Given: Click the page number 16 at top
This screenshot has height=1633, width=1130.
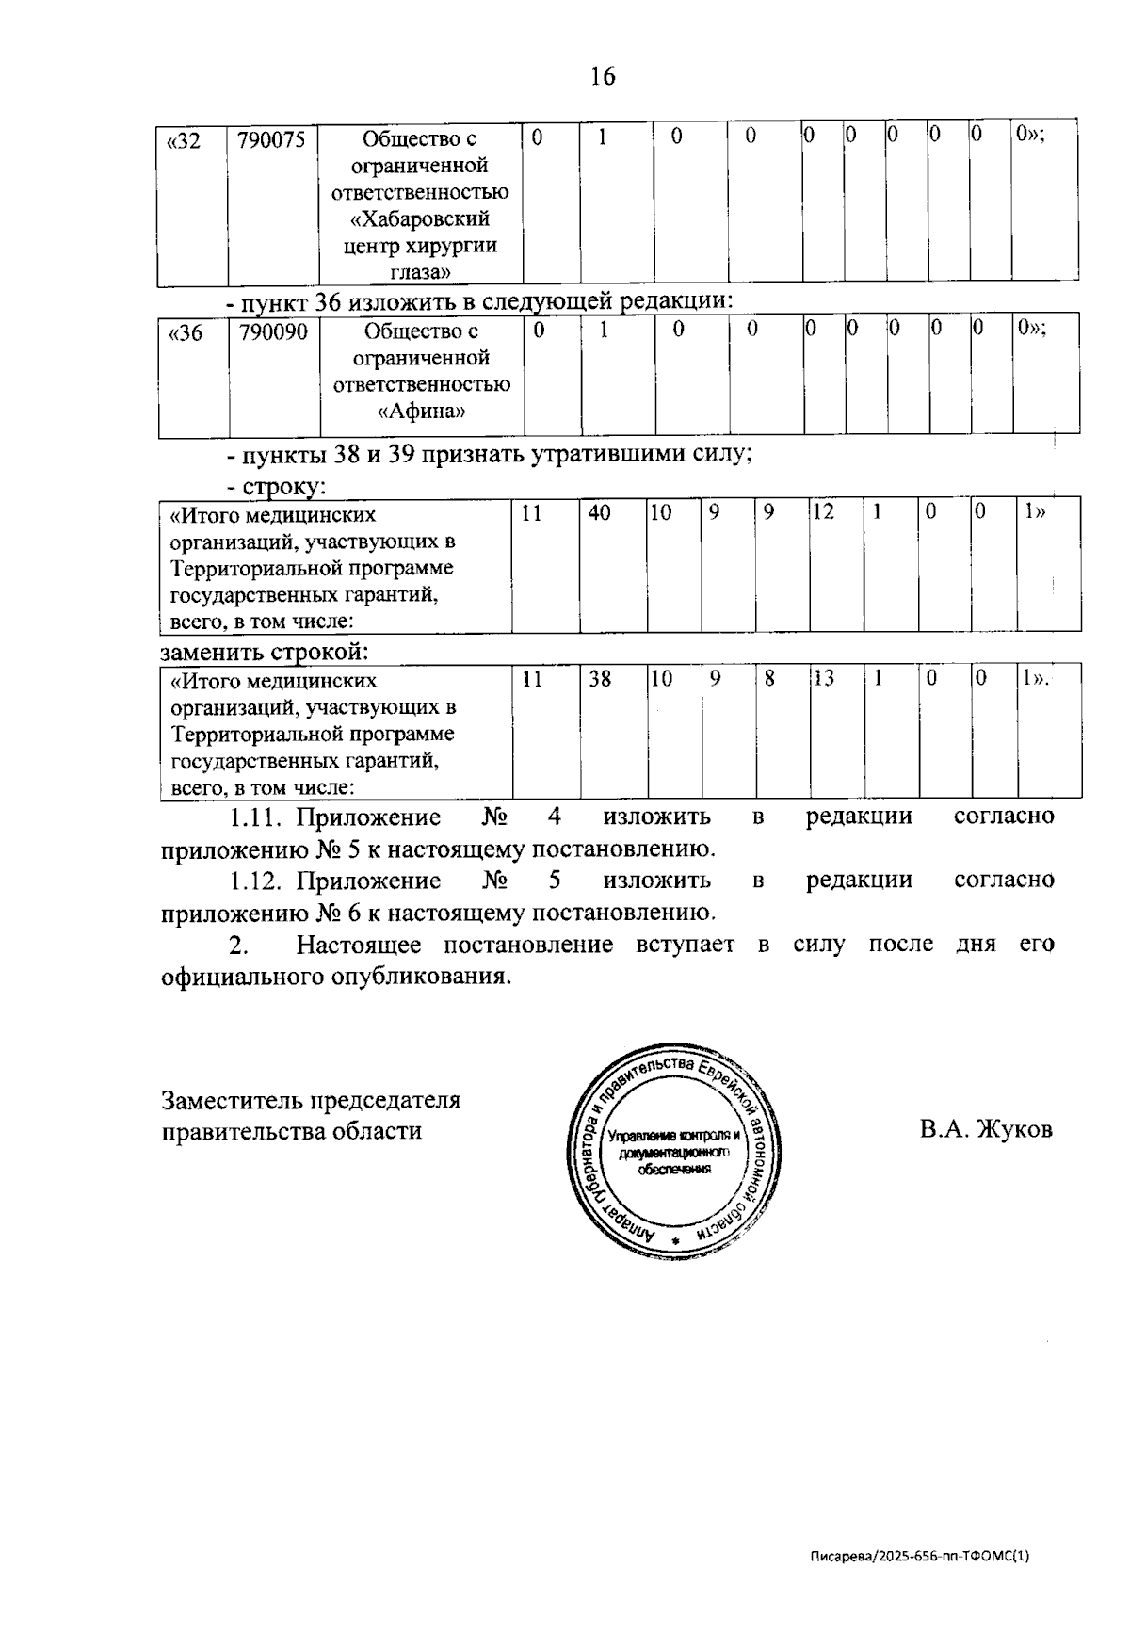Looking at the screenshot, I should (x=603, y=76).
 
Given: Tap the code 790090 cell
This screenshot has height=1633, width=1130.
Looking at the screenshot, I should (x=273, y=332).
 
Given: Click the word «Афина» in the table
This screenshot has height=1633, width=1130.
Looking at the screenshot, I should (x=421, y=412).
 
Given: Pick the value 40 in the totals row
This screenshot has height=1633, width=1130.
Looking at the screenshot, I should (x=599, y=513).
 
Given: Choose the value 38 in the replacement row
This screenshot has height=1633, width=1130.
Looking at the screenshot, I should (x=600, y=678).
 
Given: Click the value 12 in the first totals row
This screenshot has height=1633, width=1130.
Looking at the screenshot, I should (x=823, y=513).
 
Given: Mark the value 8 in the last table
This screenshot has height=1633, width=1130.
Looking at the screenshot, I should (x=768, y=678).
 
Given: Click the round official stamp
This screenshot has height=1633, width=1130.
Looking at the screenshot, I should (x=674, y=1149).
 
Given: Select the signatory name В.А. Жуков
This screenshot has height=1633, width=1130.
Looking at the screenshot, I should (x=986, y=1129).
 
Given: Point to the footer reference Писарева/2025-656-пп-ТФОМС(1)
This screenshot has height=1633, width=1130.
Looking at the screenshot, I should (x=920, y=1556).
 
